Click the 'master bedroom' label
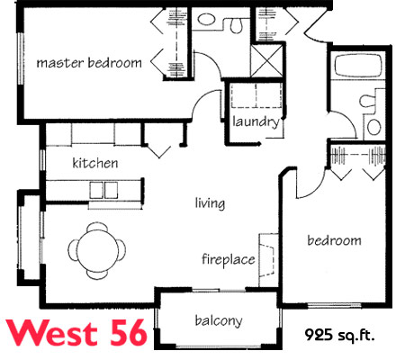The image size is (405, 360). click(89, 63)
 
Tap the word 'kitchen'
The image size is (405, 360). click(95, 163)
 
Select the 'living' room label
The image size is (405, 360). click(210, 203)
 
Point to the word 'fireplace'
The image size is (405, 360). click(229, 259)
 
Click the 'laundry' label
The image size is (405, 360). click(256, 122)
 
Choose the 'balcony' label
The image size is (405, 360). click(219, 320)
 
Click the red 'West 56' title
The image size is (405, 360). click(77, 333)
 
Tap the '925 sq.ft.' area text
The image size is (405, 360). click(340, 335)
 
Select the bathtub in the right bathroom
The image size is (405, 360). click(358, 65)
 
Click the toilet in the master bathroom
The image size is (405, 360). click(236, 25)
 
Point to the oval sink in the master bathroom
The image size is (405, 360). click(206, 20)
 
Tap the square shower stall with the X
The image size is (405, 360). click(266, 60)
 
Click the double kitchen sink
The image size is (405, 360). click(103, 190)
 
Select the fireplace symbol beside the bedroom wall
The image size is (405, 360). click(268, 260)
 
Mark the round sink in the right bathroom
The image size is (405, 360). click(374, 127)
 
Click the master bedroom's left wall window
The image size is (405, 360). click(21, 58)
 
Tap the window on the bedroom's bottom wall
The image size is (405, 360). click(334, 305)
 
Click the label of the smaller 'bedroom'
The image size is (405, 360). click(334, 240)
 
